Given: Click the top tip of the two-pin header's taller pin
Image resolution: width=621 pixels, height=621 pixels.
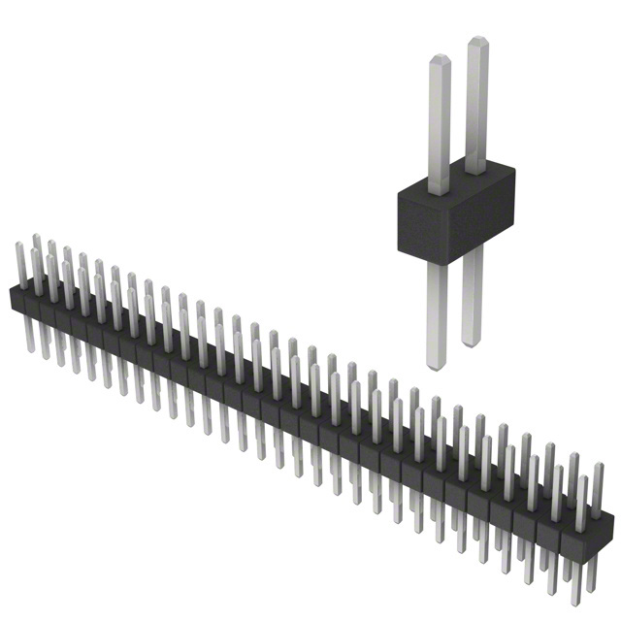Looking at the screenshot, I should pyautogui.click(x=477, y=42).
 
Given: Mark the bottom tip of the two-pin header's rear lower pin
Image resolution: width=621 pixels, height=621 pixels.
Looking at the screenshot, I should pyautogui.click(x=473, y=343).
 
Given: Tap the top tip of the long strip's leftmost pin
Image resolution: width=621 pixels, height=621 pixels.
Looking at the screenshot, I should pyautogui.click(x=36, y=236).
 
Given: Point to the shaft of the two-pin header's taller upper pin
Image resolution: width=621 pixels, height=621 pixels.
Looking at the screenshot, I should pyautogui.click(x=476, y=107).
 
